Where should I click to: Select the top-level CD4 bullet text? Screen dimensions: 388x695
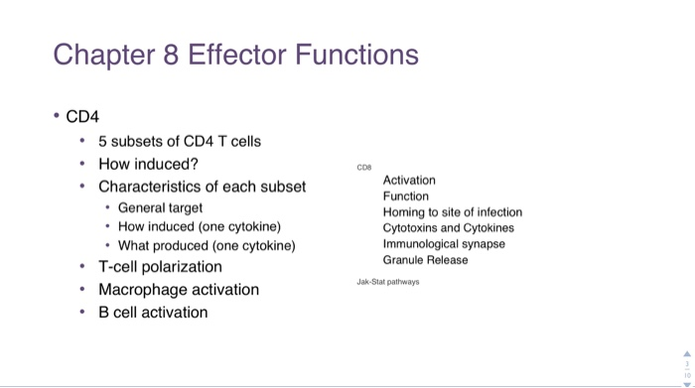[82, 117]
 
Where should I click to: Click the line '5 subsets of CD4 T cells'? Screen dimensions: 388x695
[180, 141]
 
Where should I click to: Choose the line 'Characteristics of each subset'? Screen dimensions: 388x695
[202, 187]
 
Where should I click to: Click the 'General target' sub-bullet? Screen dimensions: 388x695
[160, 207]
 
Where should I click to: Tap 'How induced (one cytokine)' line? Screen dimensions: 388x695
[200, 226]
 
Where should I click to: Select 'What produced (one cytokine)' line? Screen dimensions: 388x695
[207, 245]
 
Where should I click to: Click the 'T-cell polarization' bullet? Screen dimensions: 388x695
[160, 267]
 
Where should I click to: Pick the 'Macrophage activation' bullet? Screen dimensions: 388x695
[179, 290]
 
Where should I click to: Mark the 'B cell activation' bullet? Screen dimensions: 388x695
[153, 313]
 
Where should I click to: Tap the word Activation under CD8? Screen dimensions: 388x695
[409, 180]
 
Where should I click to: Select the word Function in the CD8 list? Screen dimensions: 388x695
[406, 195]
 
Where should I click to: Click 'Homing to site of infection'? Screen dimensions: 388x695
[452, 211]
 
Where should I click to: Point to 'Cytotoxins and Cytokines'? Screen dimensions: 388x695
[449, 227]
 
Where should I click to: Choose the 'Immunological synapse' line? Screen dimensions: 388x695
[444, 243]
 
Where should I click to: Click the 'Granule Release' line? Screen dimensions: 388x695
[425, 259]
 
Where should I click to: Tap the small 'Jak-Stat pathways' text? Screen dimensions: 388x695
[387, 282]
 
